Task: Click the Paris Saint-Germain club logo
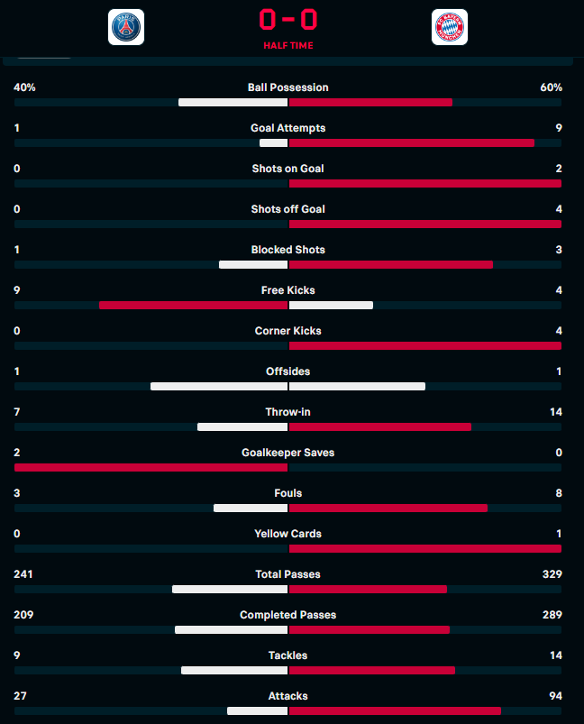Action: [x=125, y=27]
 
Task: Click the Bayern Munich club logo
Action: [x=449, y=27]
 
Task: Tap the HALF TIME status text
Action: [x=288, y=45]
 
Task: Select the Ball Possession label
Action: [x=288, y=87]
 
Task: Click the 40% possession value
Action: [x=24, y=87]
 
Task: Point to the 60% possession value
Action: [x=552, y=87]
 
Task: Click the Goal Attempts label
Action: [x=288, y=128]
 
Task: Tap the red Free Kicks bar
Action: [x=193, y=305]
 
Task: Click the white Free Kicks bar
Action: [x=331, y=305]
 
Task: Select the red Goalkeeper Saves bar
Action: [x=151, y=467]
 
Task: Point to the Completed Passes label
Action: [x=288, y=615]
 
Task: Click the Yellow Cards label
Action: [x=288, y=534]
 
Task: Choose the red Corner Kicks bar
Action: [x=425, y=345]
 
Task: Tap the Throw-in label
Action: [x=288, y=412]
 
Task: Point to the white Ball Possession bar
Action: [x=233, y=102]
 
